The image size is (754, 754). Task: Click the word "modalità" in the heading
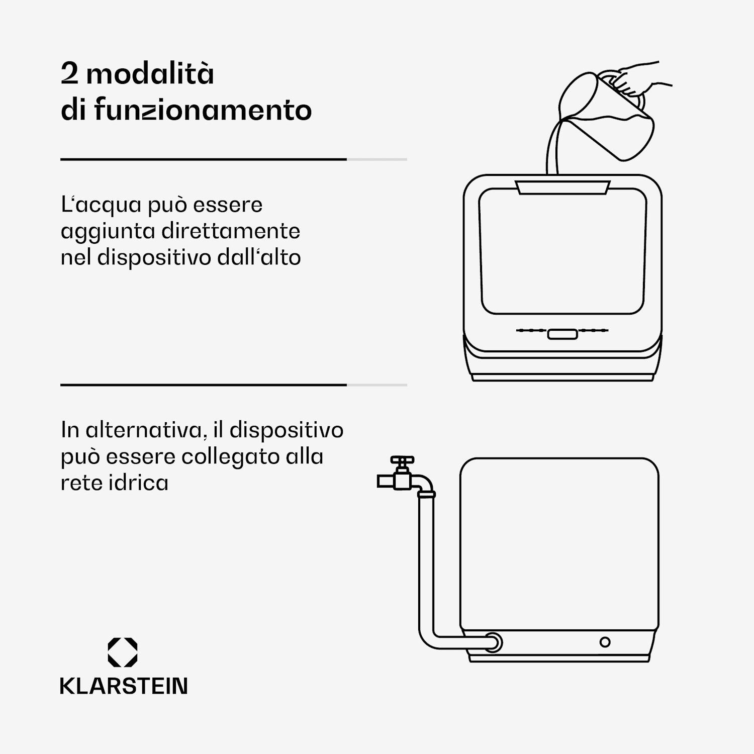tap(150, 73)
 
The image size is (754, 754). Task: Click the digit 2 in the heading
tap(69, 74)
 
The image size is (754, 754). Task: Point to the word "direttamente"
tap(231, 231)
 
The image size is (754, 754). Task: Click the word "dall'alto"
tap(259, 257)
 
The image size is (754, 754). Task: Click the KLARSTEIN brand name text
tap(124, 686)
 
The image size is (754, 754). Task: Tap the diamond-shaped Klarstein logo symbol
tap(123, 652)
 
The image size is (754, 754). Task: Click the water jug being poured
tap(611, 118)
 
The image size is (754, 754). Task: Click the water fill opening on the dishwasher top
tap(562, 187)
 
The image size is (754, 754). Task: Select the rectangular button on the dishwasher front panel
tap(562, 334)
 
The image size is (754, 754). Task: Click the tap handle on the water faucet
tap(402, 460)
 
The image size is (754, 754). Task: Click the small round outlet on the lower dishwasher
tap(605, 642)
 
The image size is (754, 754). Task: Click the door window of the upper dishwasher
tap(562, 251)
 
